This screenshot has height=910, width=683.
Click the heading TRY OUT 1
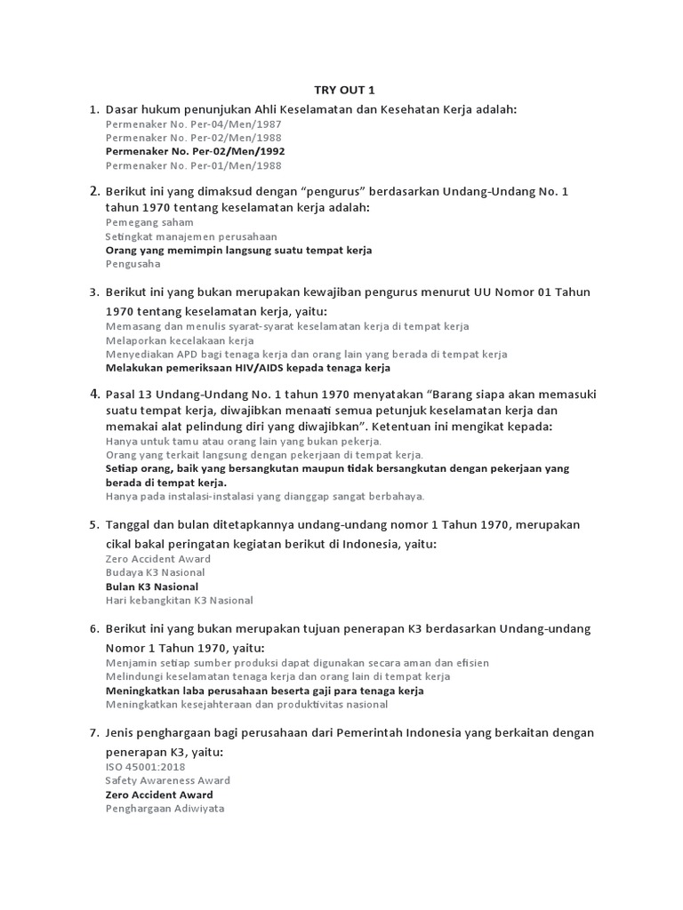click(340, 90)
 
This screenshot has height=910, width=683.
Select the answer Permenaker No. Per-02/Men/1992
click(195, 151)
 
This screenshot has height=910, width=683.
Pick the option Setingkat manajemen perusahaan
click(191, 236)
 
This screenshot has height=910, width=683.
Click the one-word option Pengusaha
click(133, 264)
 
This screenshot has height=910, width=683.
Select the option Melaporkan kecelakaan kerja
click(180, 340)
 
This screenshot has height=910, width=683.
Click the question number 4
click(93, 394)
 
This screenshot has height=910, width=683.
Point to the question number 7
click(93, 733)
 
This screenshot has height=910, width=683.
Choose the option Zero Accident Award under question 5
click(158, 559)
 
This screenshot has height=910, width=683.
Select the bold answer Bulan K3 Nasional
click(152, 587)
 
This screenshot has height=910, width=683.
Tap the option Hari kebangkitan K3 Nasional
click(180, 600)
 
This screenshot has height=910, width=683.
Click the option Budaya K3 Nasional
click(155, 572)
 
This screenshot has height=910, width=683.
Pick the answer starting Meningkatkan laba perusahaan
click(264, 690)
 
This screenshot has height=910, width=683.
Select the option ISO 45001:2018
click(145, 767)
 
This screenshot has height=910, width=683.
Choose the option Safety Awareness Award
click(167, 780)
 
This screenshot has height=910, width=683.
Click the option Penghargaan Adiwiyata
click(165, 809)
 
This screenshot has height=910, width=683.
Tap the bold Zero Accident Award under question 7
click(159, 794)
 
